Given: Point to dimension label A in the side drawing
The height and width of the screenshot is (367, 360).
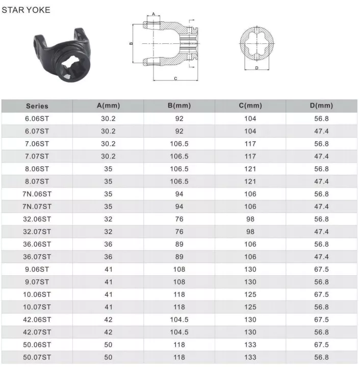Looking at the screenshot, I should [153, 14].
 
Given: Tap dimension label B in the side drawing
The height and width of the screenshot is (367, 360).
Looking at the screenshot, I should [131, 44].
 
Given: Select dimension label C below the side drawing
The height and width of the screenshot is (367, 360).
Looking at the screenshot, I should [175, 78].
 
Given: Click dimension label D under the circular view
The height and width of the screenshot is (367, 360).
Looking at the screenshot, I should [256, 67].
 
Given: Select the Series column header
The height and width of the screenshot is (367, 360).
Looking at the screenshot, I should [37, 106].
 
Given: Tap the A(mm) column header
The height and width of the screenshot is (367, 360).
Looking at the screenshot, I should [108, 106].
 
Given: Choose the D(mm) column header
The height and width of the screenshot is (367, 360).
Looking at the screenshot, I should [321, 106].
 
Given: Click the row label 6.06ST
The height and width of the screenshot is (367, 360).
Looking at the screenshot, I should [37, 119].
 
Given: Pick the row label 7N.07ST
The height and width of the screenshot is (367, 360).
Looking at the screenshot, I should [37, 206].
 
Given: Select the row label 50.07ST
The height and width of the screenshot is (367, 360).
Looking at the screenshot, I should [37, 357].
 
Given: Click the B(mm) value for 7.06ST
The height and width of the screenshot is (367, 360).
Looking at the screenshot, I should [179, 144].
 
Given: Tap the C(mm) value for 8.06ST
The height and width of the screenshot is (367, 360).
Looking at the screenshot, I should [250, 169].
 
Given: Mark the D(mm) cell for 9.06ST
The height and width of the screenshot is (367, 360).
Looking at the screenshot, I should [321, 269].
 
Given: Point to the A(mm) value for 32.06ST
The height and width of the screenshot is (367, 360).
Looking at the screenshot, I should [108, 219].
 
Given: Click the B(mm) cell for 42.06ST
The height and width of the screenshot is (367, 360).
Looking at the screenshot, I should [179, 320].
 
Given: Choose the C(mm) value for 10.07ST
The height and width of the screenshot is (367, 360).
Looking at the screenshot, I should [250, 307].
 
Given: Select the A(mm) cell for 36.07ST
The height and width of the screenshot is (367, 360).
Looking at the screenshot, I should [108, 257].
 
